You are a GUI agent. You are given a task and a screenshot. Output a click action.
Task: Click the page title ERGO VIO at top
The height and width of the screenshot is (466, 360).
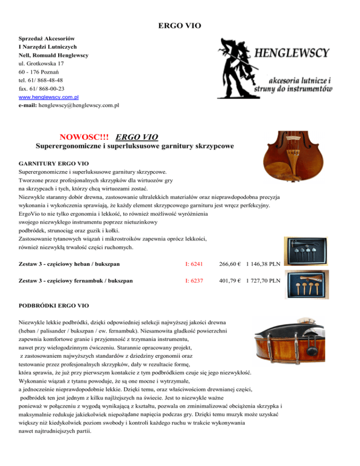pyautogui.click(x=180, y=26)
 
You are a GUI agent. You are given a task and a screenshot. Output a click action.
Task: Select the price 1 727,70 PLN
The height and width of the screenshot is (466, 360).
pyautogui.click(x=263, y=281)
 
